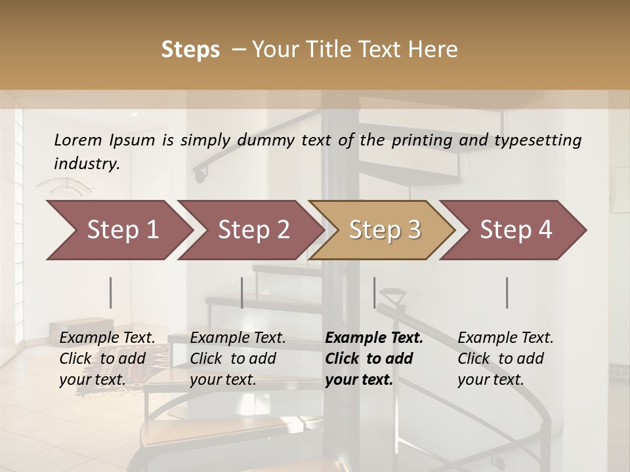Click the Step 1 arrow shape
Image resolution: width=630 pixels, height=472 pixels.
click(118, 230)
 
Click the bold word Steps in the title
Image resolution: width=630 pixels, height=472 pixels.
click(190, 50)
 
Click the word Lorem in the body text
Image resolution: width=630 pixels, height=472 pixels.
click(77, 140)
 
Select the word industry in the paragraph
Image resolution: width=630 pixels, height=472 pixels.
click(87, 164)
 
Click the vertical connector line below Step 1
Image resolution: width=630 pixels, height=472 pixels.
click(111, 292)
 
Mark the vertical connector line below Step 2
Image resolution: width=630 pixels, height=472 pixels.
click(242, 292)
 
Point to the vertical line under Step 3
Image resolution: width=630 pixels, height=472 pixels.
click(375, 292)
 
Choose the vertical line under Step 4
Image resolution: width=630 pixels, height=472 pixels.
click(507, 292)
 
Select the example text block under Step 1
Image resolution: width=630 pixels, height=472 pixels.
click(107, 359)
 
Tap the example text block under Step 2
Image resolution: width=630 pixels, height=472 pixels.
click(238, 359)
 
